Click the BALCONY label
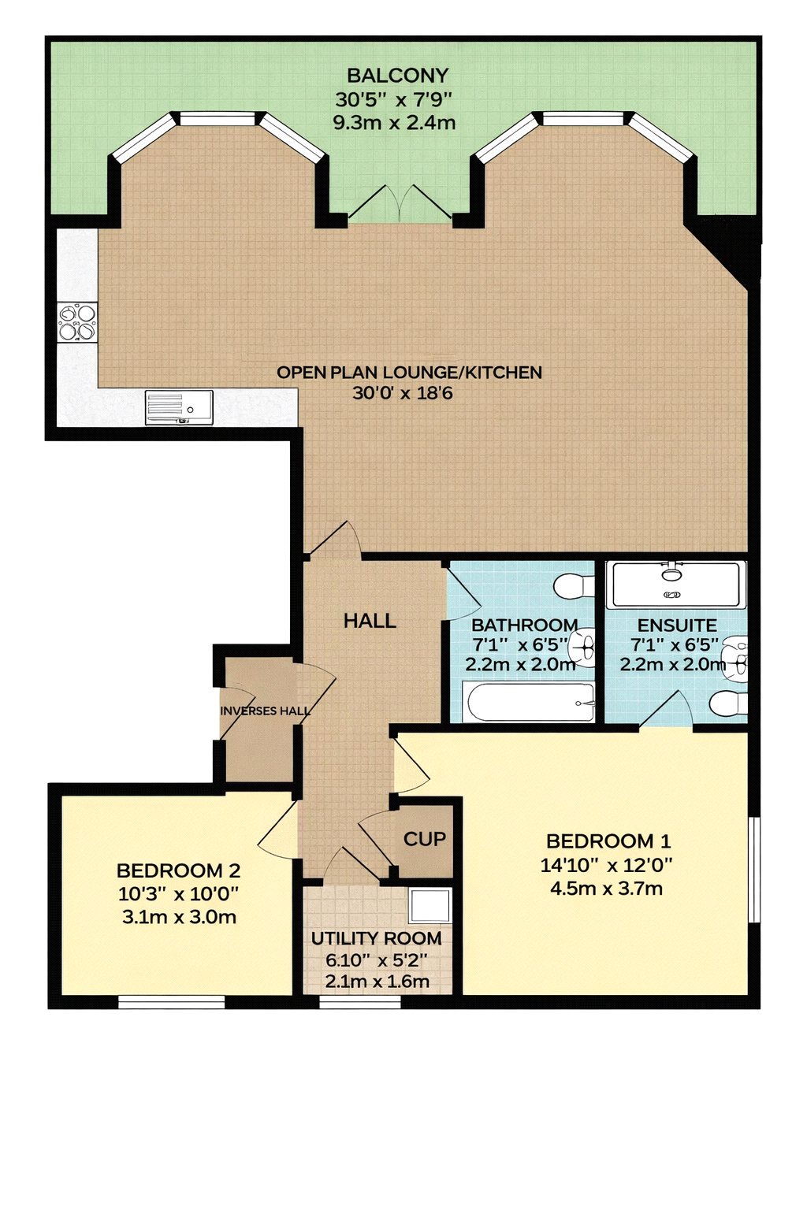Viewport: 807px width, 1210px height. [397, 75]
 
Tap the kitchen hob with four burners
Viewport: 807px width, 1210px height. [78, 322]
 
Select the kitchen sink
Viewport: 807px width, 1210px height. [179, 407]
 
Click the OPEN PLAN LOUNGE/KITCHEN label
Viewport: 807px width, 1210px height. [409, 372]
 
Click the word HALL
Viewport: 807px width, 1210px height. [370, 622]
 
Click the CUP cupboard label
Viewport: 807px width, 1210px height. [425, 839]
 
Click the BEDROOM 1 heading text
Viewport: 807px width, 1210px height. [608, 841]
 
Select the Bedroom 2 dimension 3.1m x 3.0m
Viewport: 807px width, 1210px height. [179, 917]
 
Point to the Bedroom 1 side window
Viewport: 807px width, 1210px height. [754, 869]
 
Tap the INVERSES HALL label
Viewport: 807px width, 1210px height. [266, 711]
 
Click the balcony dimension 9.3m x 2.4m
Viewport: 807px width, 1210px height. [394, 123]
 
